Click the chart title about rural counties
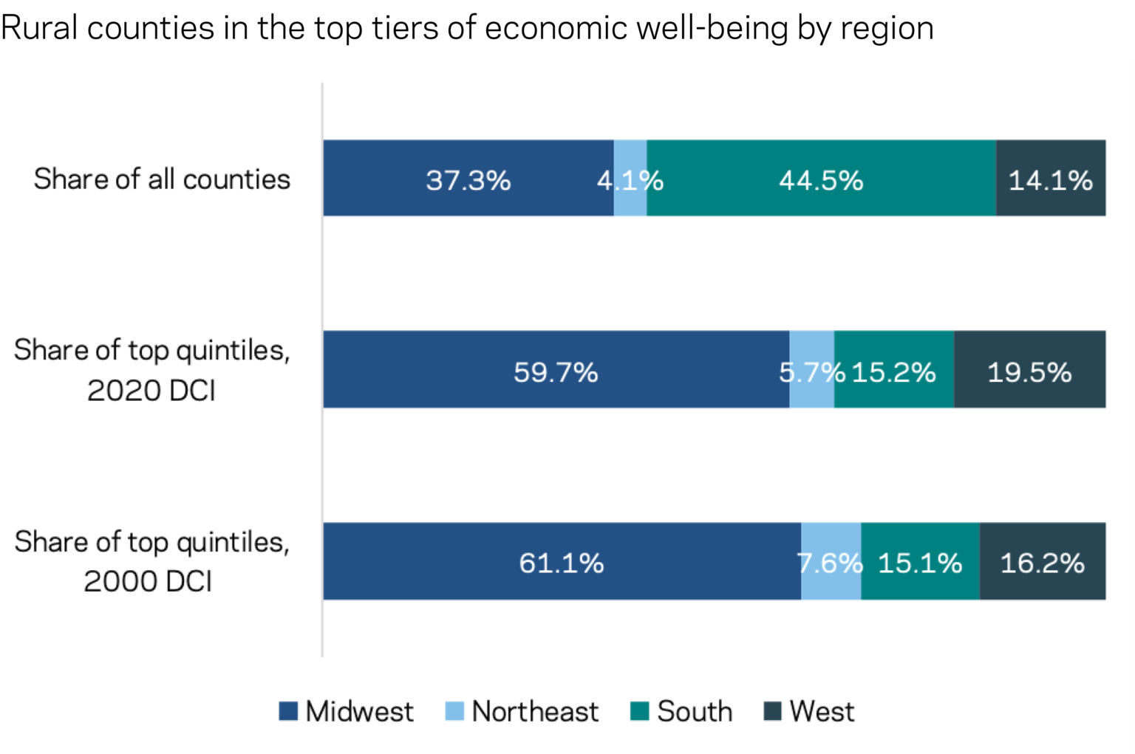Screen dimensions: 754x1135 click(x=467, y=28)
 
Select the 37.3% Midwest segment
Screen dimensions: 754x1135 click(x=468, y=179)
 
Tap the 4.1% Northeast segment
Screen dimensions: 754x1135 click(x=630, y=179)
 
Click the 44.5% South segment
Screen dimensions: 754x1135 click(x=821, y=179)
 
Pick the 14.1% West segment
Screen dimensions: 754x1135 click(x=1050, y=179)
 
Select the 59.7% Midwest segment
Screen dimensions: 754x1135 click(x=556, y=370)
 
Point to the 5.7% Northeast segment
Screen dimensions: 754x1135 click(x=811, y=370)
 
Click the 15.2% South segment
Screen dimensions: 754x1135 click(x=894, y=370)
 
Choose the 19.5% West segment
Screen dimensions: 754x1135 click(x=1029, y=370)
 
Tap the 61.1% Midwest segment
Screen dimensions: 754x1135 click(x=562, y=561)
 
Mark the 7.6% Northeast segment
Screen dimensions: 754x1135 click(x=831, y=561)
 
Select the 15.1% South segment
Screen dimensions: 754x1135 click(x=920, y=561)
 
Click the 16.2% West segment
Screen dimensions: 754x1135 click(x=1042, y=561)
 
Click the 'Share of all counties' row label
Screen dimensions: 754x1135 click(x=162, y=179)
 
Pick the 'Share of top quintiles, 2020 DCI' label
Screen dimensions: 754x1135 click(x=151, y=369)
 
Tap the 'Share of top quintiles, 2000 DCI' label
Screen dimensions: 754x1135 click(x=151, y=561)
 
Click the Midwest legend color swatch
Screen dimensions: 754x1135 click(x=288, y=711)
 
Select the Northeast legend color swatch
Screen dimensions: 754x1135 click(x=454, y=711)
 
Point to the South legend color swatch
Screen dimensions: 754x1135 click(x=640, y=711)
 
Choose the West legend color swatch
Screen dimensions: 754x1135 click(x=772, y=711)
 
